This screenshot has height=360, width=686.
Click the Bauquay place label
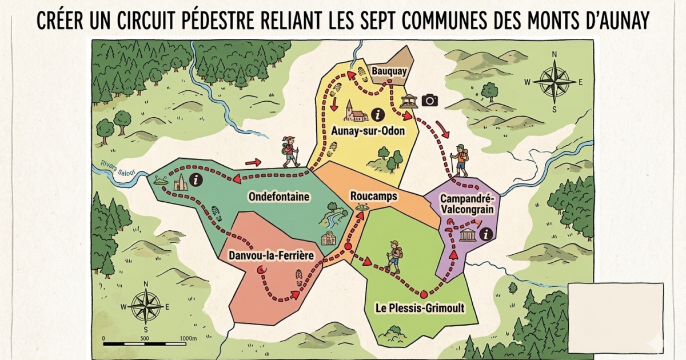pyautogui.click(x=385, y=71)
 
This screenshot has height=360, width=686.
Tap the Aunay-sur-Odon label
pyautogui.click(x=368, y=131)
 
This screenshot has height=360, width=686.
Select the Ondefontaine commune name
pyautogui.click(x=279, y=197)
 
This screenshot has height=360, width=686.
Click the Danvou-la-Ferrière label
pyautogui.click(x=271, y=255)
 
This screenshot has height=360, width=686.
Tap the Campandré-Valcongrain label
pyautogui.click(x=467, y=203)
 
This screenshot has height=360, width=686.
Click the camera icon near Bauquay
pyautogui.click(x=429, y=101)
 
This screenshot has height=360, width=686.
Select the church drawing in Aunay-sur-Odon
pyautogui.click(x=356, y=112)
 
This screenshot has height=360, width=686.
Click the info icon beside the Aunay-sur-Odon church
pyautogui.click(x=376, y=113)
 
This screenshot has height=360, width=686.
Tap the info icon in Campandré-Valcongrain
pyautogui.click(x=486, y=234)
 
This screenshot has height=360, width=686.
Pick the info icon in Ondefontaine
pyautogui.click(x=198, y=181)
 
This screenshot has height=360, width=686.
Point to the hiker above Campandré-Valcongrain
pyautogui.click(x=459, y=160)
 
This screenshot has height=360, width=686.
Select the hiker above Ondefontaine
pyautogui.click(x=290, y=152)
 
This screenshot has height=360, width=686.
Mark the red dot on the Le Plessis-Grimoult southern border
pyautogui.click(x=423, y=295)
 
